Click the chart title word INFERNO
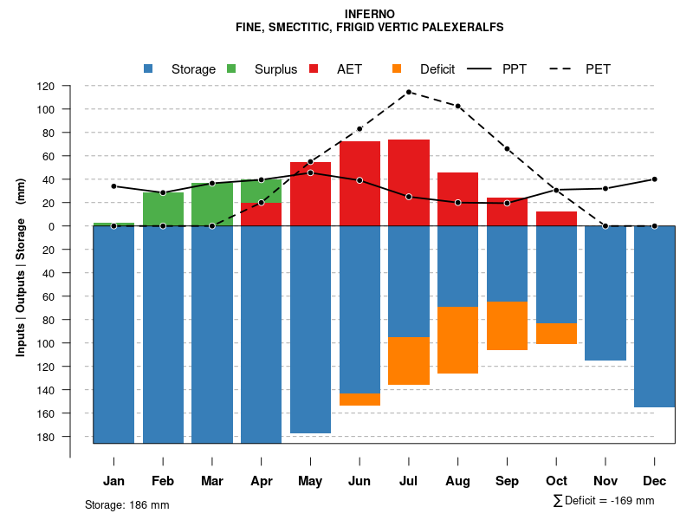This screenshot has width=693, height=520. point(369,14)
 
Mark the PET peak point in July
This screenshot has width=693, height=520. point(409,92)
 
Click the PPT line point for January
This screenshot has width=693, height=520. point(113,186)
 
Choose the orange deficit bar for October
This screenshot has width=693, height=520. point(556,334)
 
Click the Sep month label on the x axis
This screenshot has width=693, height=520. point(508,481)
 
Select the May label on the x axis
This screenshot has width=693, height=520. point(310,481)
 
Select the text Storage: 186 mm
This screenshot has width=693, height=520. point(126,504)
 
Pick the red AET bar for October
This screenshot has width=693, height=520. point(556,218)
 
